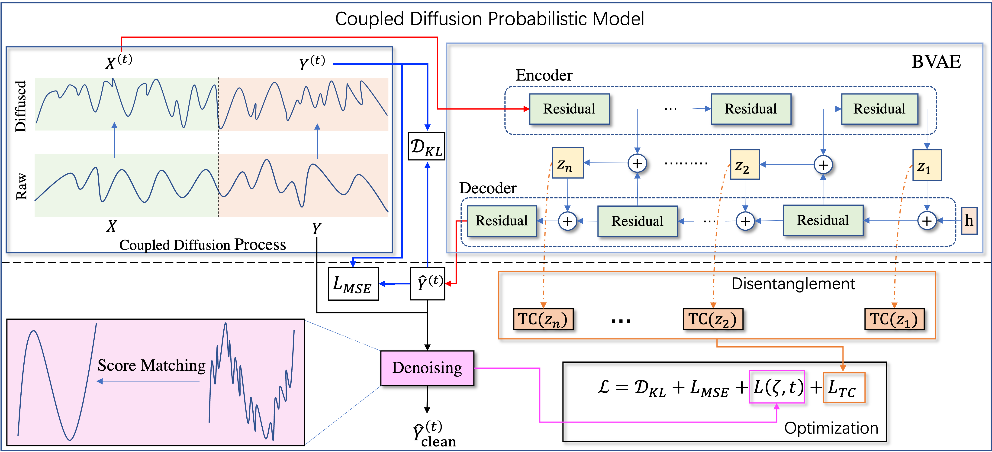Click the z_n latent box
pos(568,163)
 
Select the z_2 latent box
pos(745,165)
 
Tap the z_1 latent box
pos(927,165)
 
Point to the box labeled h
pos(969,221)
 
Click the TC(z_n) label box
pos(543,319)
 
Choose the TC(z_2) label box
pos(713,319)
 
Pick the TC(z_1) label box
pos(894,319)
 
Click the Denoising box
pos(427,368)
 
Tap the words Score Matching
pos(151,365)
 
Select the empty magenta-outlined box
pos(776,387)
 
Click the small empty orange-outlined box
pos(844,387)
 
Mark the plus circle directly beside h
pos(927,221)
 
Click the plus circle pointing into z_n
pos(637,163)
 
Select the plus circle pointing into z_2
pos(823,165)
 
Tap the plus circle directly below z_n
pos(567,221)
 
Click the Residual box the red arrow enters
pos(569,109)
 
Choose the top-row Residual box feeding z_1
pos(879,109)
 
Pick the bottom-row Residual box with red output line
pos(501,221)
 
